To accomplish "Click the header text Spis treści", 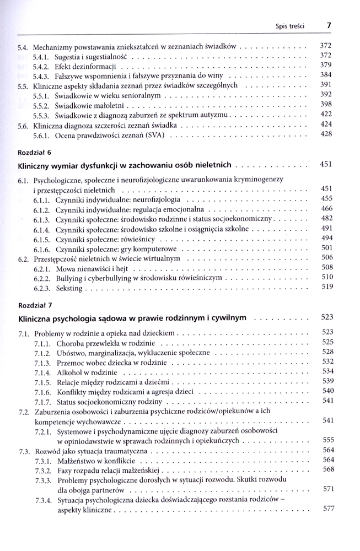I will (x=291, y=26).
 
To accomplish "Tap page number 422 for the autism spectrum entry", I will (x=326, y=115).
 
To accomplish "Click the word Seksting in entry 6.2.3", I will (x=69, y=288).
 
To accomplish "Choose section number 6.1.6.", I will (x=42, y=249).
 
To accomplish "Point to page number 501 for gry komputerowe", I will (x=326, y=249).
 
